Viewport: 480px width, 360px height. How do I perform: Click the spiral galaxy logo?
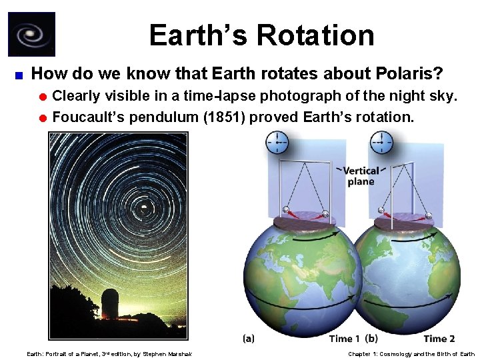point(31,34)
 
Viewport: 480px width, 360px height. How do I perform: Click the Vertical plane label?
point(360,176)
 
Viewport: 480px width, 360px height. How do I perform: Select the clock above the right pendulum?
point(381,141)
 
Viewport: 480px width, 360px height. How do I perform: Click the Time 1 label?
point(345,339)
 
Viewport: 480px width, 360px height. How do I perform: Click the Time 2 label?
point(439,339)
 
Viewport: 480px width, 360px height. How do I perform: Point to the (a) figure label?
point(248,339)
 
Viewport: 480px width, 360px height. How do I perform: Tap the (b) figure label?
point(372,339)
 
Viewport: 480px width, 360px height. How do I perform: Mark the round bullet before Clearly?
point(43,97)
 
